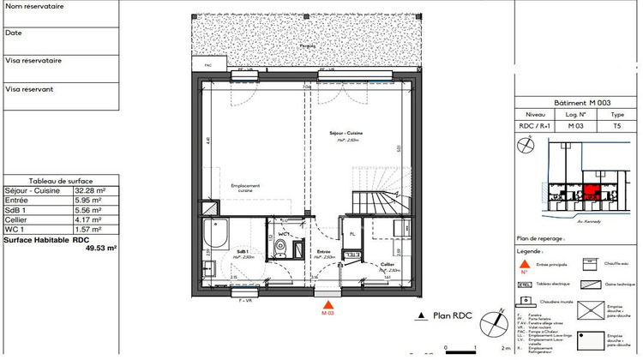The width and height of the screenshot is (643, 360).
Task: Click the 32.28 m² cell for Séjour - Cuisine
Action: coord(89,191)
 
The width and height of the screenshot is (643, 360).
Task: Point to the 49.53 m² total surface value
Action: coord(100,248)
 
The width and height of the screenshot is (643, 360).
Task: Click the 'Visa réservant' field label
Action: coord(29,88)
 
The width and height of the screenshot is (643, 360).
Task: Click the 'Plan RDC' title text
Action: coord(450,315)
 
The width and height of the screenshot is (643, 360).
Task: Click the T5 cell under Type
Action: coord(617,124)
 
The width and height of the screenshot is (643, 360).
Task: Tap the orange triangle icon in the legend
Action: coord(524,263)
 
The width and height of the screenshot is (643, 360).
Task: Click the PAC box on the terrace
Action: coord(207,65)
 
